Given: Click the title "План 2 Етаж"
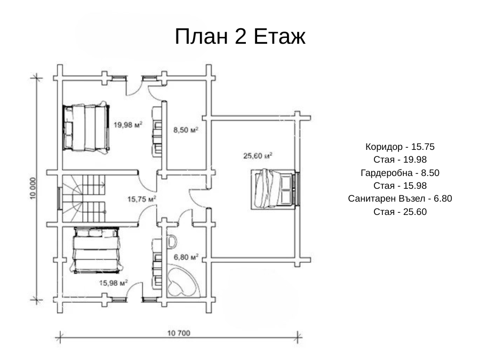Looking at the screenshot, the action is pos(240,36).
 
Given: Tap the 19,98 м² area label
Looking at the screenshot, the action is pos(128,125).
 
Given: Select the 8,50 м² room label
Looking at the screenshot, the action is pos(186,130).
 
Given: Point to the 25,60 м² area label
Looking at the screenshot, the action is pos(258,156).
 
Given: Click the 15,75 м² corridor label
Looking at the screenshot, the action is pos(142,199).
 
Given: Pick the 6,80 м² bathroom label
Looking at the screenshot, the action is pos(186,257).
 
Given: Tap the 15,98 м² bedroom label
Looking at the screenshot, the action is pos(114,283).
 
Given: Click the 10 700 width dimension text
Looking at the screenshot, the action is pos(179,333).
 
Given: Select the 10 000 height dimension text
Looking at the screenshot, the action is pos(33,188).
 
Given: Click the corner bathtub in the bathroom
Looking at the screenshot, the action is pos(183,282).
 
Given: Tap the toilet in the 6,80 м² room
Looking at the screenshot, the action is pos(172,242).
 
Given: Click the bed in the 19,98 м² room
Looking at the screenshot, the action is pos(86,127).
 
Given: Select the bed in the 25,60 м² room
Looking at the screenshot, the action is pos(274,189).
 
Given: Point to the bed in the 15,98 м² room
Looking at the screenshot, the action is pos(97,250).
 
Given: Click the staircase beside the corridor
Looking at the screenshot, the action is pos(84,198).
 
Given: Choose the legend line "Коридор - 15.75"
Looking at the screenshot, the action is pos(400,147).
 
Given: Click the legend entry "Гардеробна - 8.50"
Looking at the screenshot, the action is pos(400,173).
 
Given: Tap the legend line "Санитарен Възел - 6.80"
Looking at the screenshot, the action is pos(400,199).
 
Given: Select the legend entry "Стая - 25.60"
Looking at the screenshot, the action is pos(400,212).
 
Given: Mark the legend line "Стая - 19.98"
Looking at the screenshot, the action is pos(400,159).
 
